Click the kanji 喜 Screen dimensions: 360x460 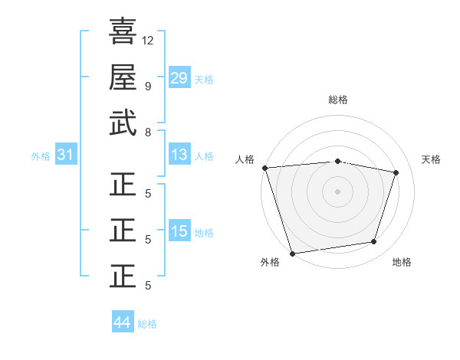(123, 31)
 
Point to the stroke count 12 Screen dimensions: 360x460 (149, 40)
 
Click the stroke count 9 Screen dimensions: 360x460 (147, 86)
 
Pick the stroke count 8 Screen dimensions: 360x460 (147, 132)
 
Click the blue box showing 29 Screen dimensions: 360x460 (179, 77)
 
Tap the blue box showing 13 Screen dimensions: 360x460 (179, 155)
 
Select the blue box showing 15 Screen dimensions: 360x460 (179, 231)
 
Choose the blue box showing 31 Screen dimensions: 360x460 (65, 155)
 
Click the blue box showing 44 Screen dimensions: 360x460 (122, 322)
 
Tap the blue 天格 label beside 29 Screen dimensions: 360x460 (204, 79)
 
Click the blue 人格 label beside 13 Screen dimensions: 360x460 (204, 156)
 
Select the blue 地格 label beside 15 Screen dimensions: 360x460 (204, 233)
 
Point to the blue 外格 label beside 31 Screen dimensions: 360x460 (41, 156)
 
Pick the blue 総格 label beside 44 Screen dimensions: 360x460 (147, 324)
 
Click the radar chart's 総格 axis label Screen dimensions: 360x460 (337, 100)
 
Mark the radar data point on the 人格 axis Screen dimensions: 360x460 (264, 168)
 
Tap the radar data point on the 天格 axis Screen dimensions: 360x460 (396, 172)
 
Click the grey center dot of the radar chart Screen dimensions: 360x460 (337, 191)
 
